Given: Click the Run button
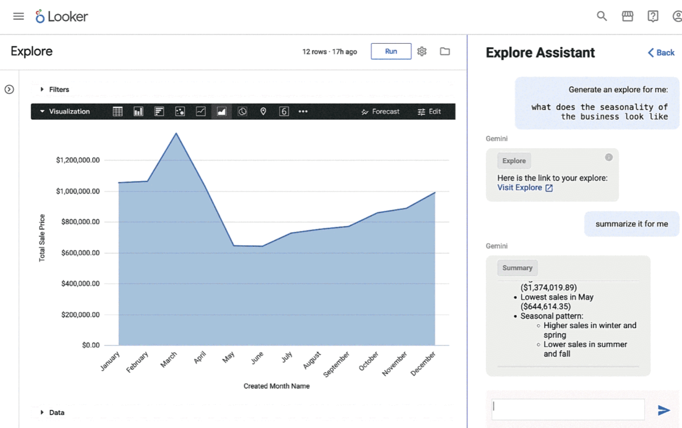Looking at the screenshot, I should pos(391,51).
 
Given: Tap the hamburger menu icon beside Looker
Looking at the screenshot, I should pos(19,16).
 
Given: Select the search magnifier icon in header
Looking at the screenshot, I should pos(602,16).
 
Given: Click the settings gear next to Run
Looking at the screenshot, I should pos(422,51).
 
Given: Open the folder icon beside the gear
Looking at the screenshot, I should pos(445,51).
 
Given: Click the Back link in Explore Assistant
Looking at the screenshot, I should pos(661,53).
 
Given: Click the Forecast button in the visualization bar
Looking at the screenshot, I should pos(381,112).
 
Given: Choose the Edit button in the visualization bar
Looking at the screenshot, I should pos(429,112).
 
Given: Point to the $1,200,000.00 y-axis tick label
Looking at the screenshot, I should pos(78,160).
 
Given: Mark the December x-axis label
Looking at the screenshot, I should pos(423,364).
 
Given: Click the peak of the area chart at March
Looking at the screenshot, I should pos(176,133).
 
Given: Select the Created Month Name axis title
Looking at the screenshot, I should pos(277,386).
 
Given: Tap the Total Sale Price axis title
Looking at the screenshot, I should pos(42,238).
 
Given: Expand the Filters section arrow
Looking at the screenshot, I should pos(42,90).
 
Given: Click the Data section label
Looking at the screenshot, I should pos(57,413).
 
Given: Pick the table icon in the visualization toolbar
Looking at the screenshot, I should pos(118,112).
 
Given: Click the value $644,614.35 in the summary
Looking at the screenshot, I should pos(546,307).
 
